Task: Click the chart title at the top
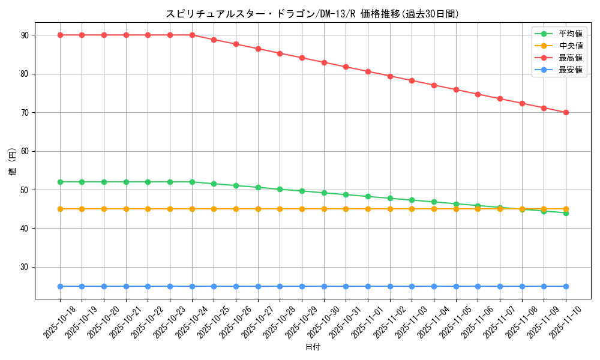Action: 313,14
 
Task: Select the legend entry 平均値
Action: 570,34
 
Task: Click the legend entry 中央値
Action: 570,46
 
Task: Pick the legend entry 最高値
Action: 570,58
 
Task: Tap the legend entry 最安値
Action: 570,70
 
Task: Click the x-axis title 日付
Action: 313,347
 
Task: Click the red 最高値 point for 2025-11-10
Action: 566,112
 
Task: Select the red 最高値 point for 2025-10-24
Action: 192,35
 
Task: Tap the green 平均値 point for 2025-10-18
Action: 60,182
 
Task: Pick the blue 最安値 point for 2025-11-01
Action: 368,286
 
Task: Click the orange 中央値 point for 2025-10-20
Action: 104,209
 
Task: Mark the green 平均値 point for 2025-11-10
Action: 566,213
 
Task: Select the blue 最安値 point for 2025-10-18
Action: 60,286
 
